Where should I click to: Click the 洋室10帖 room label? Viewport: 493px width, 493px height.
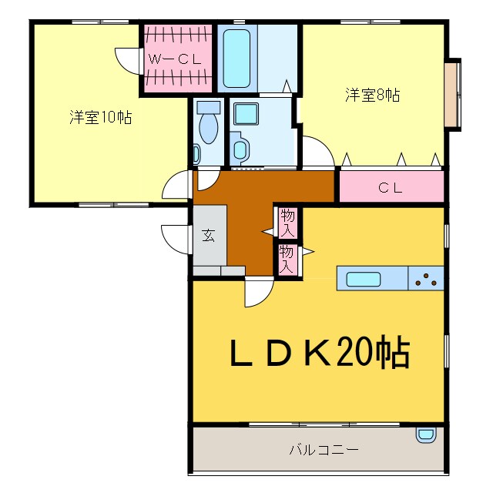pos(99,117)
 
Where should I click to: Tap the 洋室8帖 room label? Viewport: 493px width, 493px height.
pos(372,96)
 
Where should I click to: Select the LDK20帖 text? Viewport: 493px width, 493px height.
pos(319,354)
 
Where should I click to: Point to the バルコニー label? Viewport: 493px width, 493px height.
pos(324,448)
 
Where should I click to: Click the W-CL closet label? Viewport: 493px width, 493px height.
pos(175,59)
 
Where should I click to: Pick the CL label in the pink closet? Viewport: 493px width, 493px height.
pos(391,186)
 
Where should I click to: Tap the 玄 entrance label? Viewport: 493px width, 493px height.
pos(208,236)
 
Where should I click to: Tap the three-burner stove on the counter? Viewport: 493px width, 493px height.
pos(426,280)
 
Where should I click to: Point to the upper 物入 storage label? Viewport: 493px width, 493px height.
pos(287,223)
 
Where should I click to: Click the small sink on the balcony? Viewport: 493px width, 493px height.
pos(425,434)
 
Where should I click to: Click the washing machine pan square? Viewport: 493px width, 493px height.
pos(246,114)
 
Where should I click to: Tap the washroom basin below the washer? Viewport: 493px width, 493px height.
pos(240,148)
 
